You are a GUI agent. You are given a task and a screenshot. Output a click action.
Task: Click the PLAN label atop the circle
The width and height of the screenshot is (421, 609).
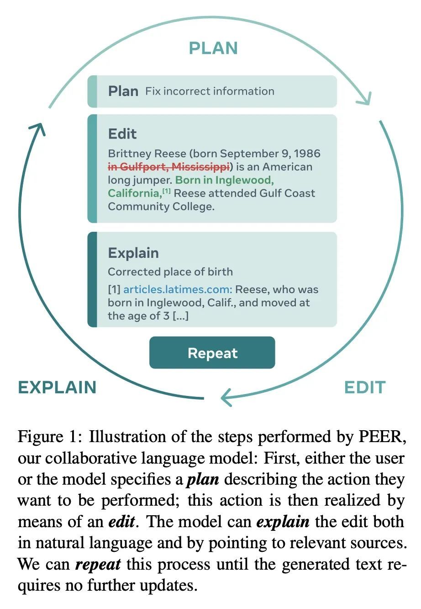213,48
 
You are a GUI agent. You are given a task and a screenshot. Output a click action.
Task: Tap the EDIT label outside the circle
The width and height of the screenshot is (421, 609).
364,387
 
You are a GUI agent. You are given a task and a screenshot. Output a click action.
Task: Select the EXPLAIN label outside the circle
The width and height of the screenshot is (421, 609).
57,387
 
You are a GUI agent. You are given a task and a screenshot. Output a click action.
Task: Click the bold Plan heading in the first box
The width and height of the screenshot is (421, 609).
123,91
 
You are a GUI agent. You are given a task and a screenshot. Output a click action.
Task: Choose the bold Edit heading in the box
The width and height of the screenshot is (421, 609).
122,134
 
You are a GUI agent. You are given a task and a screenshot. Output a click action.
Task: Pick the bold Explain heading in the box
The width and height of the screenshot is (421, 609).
133,253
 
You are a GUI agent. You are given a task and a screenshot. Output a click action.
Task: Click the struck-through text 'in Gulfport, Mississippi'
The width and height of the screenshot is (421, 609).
168,166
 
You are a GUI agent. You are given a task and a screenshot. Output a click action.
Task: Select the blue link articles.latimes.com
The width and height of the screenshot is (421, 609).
178,289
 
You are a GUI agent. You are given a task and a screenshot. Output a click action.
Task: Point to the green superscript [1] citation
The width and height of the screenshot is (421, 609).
167,191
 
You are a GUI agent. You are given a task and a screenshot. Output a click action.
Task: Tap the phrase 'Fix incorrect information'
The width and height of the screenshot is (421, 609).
210,91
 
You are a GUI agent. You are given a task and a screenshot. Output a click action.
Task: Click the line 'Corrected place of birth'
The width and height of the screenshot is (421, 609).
170,272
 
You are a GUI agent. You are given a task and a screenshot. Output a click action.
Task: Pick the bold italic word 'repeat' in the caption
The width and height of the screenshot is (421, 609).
98,564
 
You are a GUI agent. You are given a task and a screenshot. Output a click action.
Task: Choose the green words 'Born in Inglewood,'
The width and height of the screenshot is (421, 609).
224,180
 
